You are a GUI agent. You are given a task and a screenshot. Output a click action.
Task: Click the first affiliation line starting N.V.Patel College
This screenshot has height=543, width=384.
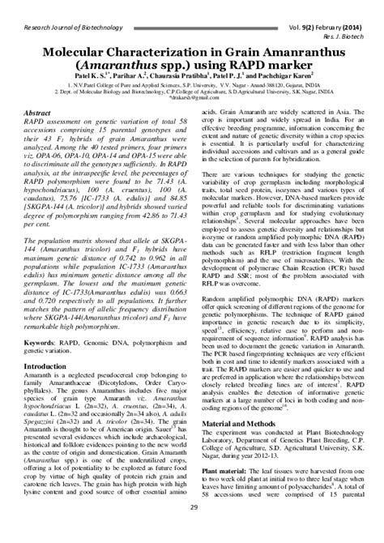191,81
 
